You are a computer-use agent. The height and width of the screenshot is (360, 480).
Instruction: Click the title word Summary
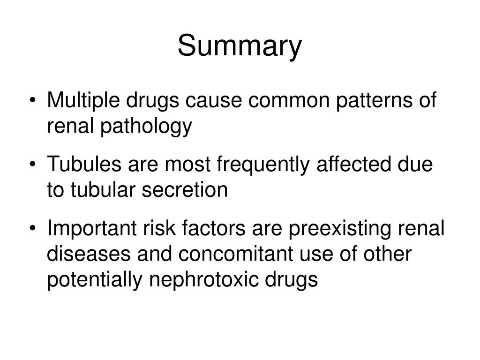(x=240, y=47)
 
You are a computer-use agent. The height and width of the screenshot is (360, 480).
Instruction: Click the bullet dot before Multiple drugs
(x=37, y=102)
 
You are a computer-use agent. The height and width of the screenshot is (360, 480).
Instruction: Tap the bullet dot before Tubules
(x=37, y=166)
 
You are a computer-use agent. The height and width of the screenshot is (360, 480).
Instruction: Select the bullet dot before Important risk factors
(x=37, y=230)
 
